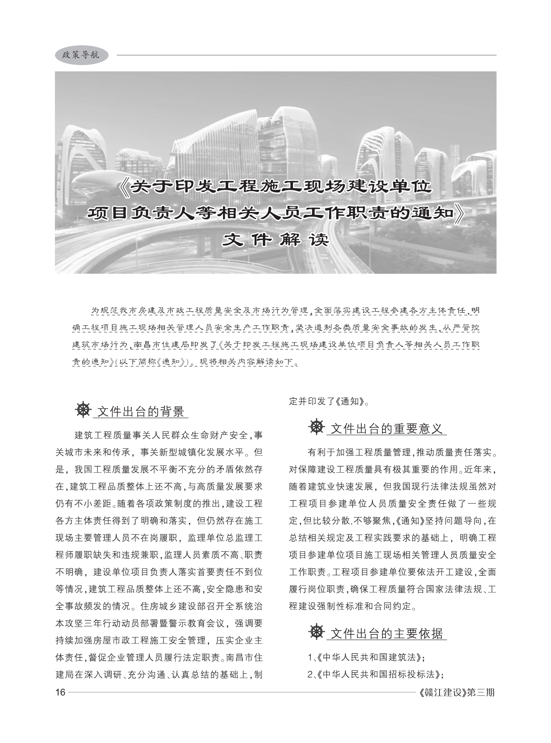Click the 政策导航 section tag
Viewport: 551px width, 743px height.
tap(81, 55)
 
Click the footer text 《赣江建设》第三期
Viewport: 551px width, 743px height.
tap(457, 692)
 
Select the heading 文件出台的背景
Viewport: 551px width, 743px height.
tap(141, 411)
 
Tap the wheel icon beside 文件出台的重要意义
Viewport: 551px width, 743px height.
tap(317, 427)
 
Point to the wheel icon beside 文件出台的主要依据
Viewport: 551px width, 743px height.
tap(317, 632)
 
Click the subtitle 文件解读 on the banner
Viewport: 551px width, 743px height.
tap(275, 240)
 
